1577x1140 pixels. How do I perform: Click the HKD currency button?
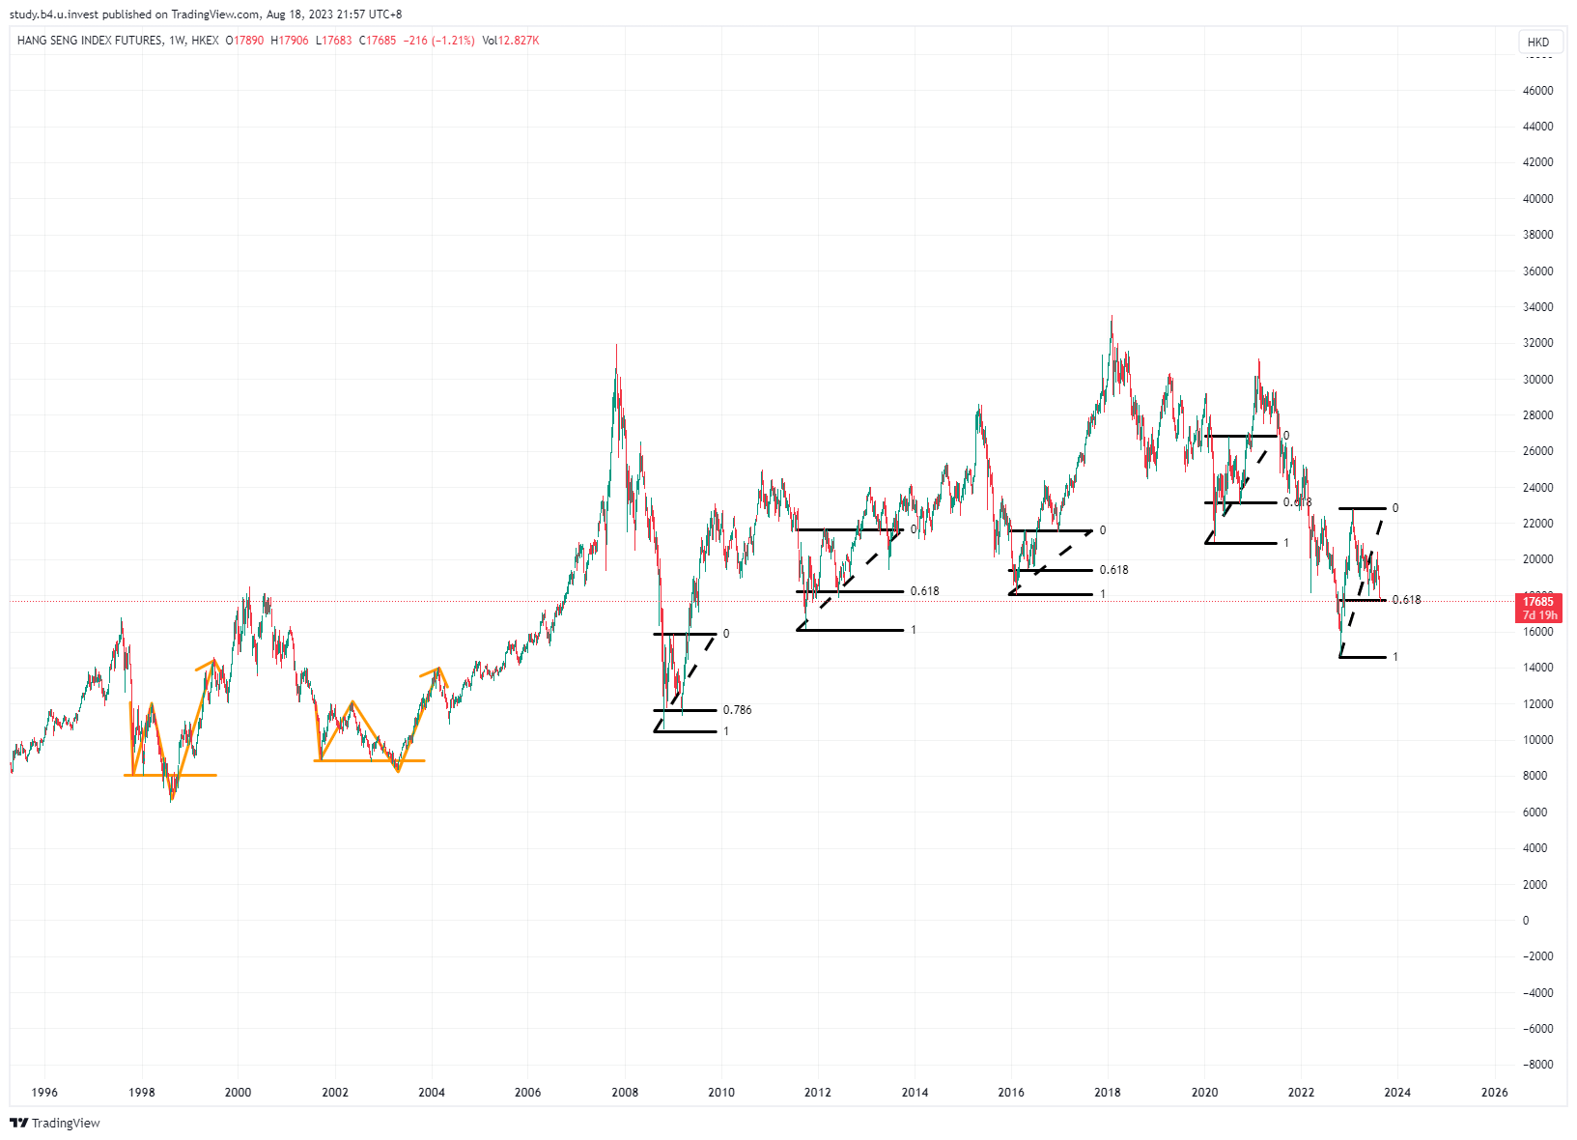point(1538,42)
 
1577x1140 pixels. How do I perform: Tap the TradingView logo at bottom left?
point(55,1123)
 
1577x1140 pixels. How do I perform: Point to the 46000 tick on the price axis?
point(1537,91)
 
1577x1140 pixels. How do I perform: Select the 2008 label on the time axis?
point(624,1093)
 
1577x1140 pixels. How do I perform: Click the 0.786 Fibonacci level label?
point(737,710)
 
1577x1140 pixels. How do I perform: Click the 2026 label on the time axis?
point(1494,1093)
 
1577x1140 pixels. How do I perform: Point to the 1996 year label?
point(44,1093)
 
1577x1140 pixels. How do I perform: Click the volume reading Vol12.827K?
point(510,41)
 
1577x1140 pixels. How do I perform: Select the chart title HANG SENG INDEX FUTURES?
point(90,41)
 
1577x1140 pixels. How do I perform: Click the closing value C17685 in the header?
point(378,41)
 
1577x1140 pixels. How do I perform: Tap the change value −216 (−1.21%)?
point(438,41)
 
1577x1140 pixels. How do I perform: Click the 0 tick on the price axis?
point(1526,921)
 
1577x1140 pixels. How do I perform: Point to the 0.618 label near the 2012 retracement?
point(924,591)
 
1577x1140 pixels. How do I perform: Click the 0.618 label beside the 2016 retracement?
point(1113,570)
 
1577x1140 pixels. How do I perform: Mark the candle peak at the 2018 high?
point(1112,317)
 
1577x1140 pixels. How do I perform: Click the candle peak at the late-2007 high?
point(616,346)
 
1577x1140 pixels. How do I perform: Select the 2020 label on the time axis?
point(1204,1093)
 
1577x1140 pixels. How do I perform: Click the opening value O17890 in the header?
point(244,41)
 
